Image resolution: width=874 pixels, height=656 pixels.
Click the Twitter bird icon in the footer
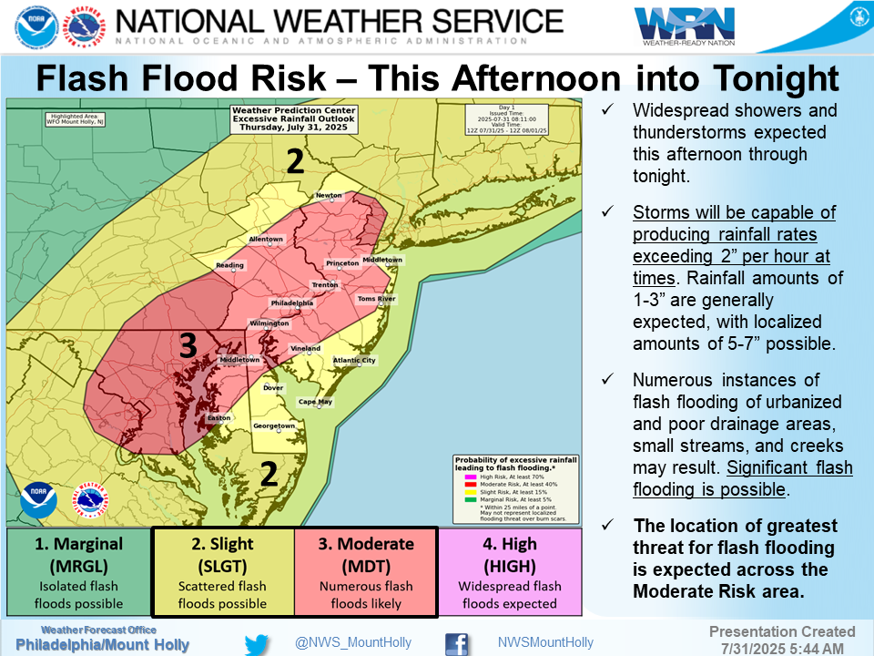[x=259, y=642]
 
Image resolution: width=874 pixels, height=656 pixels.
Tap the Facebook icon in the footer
[x=457, y=642]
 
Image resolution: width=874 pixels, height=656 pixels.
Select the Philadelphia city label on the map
[x=292, y=302]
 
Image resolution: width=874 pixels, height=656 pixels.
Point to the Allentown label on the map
[x=266, y=240]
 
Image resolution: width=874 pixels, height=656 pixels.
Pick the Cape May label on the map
[x=316, y=402]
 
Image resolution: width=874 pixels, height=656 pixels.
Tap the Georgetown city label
[x=274, y=426]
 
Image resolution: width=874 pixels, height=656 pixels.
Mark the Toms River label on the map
[x=376, y=299]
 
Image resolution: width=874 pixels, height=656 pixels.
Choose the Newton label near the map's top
[x=329, y=196]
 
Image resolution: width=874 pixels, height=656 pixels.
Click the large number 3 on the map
[x=188, y=345]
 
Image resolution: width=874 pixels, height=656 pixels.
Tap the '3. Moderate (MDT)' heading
[x=366, y=544]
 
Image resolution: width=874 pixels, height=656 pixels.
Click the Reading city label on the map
[x=229, y=265]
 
